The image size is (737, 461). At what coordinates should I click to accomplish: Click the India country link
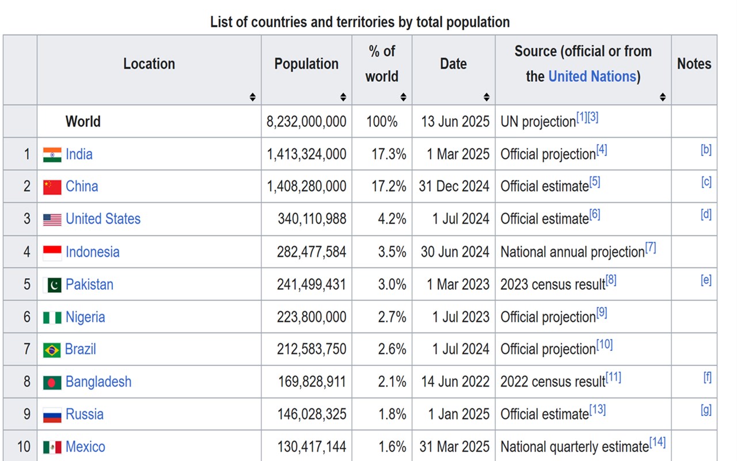click(x=79, y=154)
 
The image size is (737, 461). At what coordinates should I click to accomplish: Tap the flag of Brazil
click(x=52, y=350)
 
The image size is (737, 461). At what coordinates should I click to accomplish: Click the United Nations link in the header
click(x=592, y=77)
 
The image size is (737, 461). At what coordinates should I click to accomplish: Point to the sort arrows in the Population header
click(x=343, y=97)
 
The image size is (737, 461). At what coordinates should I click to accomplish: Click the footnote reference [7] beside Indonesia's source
click(x=651, y=248)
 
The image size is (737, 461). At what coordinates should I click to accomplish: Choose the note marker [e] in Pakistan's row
click(x=706, y=281)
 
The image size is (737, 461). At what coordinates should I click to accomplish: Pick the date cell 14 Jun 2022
click(x=454, y=382)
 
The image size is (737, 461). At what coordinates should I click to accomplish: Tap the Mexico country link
click(x=85, y=447)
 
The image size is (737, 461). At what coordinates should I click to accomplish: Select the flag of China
click(x=52, y=187)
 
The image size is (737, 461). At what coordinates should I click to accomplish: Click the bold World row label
click(x=83, y=122)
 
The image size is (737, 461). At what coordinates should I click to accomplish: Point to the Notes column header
click(x=694, y=64)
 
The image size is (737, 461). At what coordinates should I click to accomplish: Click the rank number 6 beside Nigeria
click(x=26, y=317)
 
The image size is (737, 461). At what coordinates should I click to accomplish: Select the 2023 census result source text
click(x=553, y=285)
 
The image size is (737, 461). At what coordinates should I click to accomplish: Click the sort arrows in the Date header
click(x=487, y=97)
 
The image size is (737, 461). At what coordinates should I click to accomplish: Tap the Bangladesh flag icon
click(x=52, y=383)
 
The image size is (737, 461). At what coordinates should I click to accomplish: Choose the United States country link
click(x=103, y=219)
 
